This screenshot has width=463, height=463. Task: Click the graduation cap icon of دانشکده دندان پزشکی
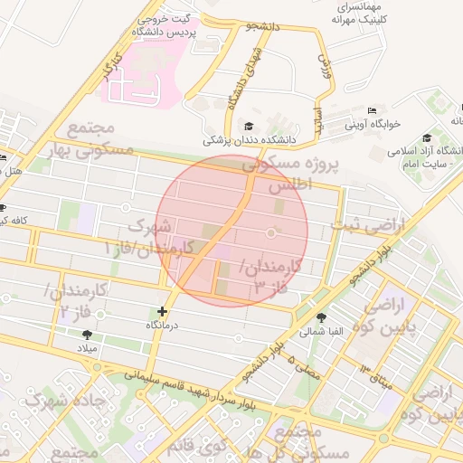click(250, 126)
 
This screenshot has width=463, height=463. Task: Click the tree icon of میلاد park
click(87, 334)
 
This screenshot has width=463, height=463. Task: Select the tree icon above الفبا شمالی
click(323, 317)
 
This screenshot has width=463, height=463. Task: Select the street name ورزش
click(326, 69)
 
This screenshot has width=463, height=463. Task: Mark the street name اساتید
click(318, 121)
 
